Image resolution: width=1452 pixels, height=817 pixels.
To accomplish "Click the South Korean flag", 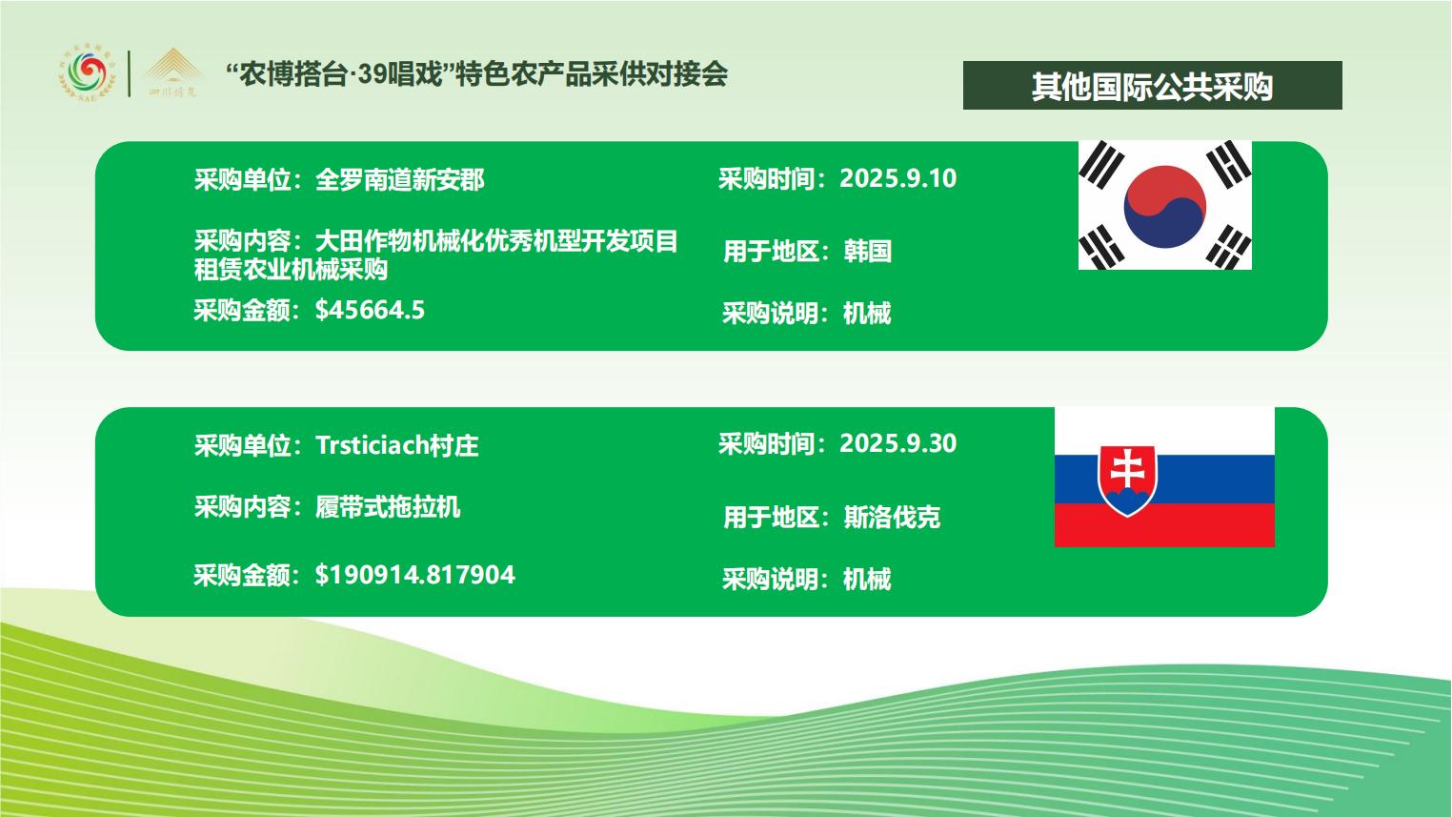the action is point(1165,205).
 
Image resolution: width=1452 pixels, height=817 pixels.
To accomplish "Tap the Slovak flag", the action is point(1164,478).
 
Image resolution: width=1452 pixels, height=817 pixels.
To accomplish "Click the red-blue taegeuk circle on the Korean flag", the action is point(1165,206).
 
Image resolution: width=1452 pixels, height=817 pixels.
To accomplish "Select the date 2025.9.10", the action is point(897,178).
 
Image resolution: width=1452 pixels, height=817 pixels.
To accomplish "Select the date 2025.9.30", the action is point(897,443).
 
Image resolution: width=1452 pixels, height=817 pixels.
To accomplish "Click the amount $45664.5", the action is point(370,310).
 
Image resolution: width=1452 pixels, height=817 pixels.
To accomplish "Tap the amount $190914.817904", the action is point(414,575).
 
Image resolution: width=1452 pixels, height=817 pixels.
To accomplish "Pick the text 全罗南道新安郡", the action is point(399,179).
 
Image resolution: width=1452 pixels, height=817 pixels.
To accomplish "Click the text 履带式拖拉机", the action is point(388,507).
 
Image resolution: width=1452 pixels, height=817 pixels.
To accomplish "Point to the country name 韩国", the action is point(867,251).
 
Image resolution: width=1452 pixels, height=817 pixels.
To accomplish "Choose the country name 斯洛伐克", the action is point(892,517).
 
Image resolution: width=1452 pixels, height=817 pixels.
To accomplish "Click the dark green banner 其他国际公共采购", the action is point(1153,86).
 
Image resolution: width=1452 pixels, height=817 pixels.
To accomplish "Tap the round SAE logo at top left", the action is point(88,73).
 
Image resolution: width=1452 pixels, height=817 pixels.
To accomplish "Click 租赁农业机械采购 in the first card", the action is point(291,269).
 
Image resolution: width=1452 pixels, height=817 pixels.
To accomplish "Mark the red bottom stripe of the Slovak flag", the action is point(1164,525).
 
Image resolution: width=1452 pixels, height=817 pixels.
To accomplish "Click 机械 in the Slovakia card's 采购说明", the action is point(867,579).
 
